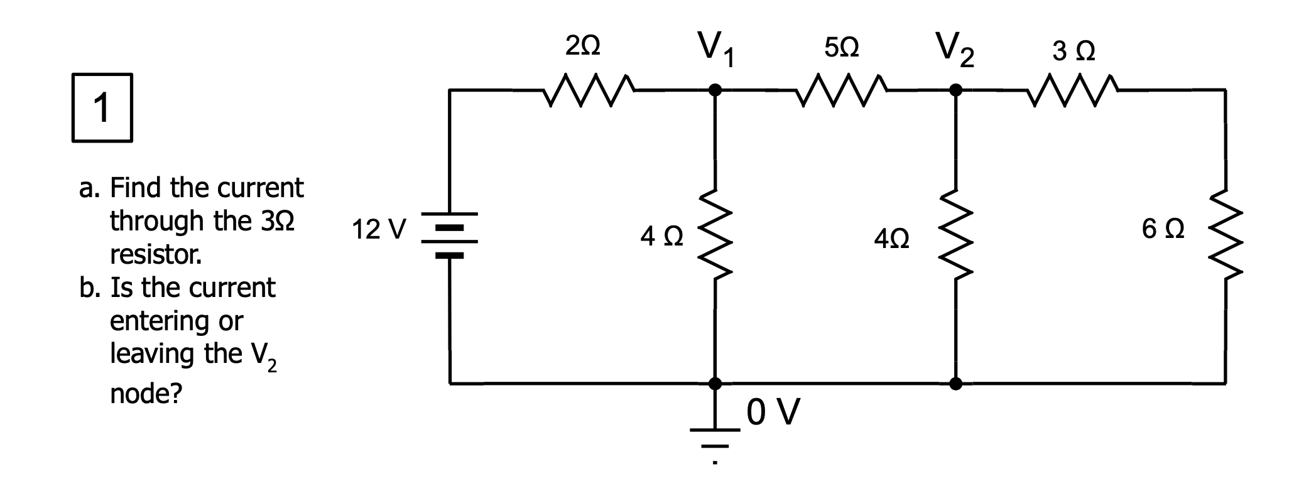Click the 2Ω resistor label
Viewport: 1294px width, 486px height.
coord(582,48)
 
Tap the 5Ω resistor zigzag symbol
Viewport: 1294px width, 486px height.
coord(841,90)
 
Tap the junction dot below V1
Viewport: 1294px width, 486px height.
coord(714,90)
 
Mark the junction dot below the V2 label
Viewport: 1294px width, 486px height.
coord(955,90)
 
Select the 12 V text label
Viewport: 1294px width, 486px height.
coord(379,229)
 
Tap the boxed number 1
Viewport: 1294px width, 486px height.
coord(102,108)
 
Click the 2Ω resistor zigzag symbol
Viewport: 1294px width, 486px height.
coord(589,90)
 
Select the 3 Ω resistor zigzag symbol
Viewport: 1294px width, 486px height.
coord(1074,90)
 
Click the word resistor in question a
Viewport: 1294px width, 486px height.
coord(156,255)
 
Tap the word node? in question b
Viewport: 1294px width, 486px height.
coord(146,394)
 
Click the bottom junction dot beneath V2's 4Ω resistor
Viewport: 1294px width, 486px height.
coord(955,383)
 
